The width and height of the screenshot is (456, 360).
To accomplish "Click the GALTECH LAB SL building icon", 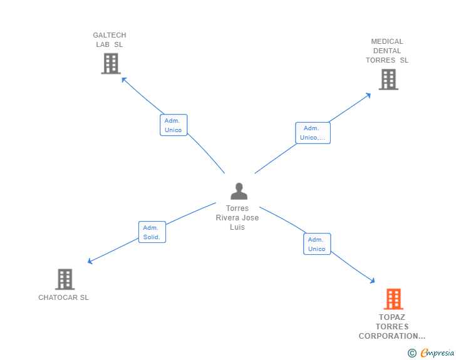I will tap(110, 64).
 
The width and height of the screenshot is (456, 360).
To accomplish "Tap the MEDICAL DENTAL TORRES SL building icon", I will tap(388, 80).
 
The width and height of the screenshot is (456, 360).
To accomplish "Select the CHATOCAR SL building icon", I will tap(65, 279).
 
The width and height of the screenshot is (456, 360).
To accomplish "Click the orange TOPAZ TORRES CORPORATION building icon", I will tap(393, 299).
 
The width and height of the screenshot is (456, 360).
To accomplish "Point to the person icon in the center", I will tap(239, 191).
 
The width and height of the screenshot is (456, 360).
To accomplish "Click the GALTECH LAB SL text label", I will tap(110, 40).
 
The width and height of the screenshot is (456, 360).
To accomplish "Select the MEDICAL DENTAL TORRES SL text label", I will tap(387, 51).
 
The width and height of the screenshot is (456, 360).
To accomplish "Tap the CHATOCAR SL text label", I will tap(63, 297).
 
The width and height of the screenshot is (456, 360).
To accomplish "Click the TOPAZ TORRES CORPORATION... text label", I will tap(392, 327).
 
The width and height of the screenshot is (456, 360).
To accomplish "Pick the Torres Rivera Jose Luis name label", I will tap(237, 218).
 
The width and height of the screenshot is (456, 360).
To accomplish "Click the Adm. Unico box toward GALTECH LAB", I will tap(174, 125).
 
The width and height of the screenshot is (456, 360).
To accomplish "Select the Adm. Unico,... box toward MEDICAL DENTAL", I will tap(313, 133).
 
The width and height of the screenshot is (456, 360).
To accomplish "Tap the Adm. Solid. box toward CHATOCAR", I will tap(152, 232).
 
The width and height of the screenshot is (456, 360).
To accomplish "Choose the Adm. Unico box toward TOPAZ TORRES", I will tap(317, 244).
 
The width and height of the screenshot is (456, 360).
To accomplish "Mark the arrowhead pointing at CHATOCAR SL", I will tap(90, 262).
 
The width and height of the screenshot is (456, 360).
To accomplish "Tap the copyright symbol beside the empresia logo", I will tap(412, 354).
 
